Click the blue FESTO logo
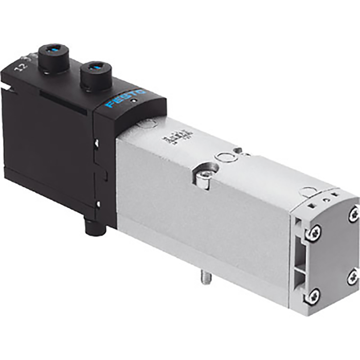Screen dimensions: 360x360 click(125, 98)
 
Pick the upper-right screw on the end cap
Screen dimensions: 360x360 click(353, 213)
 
